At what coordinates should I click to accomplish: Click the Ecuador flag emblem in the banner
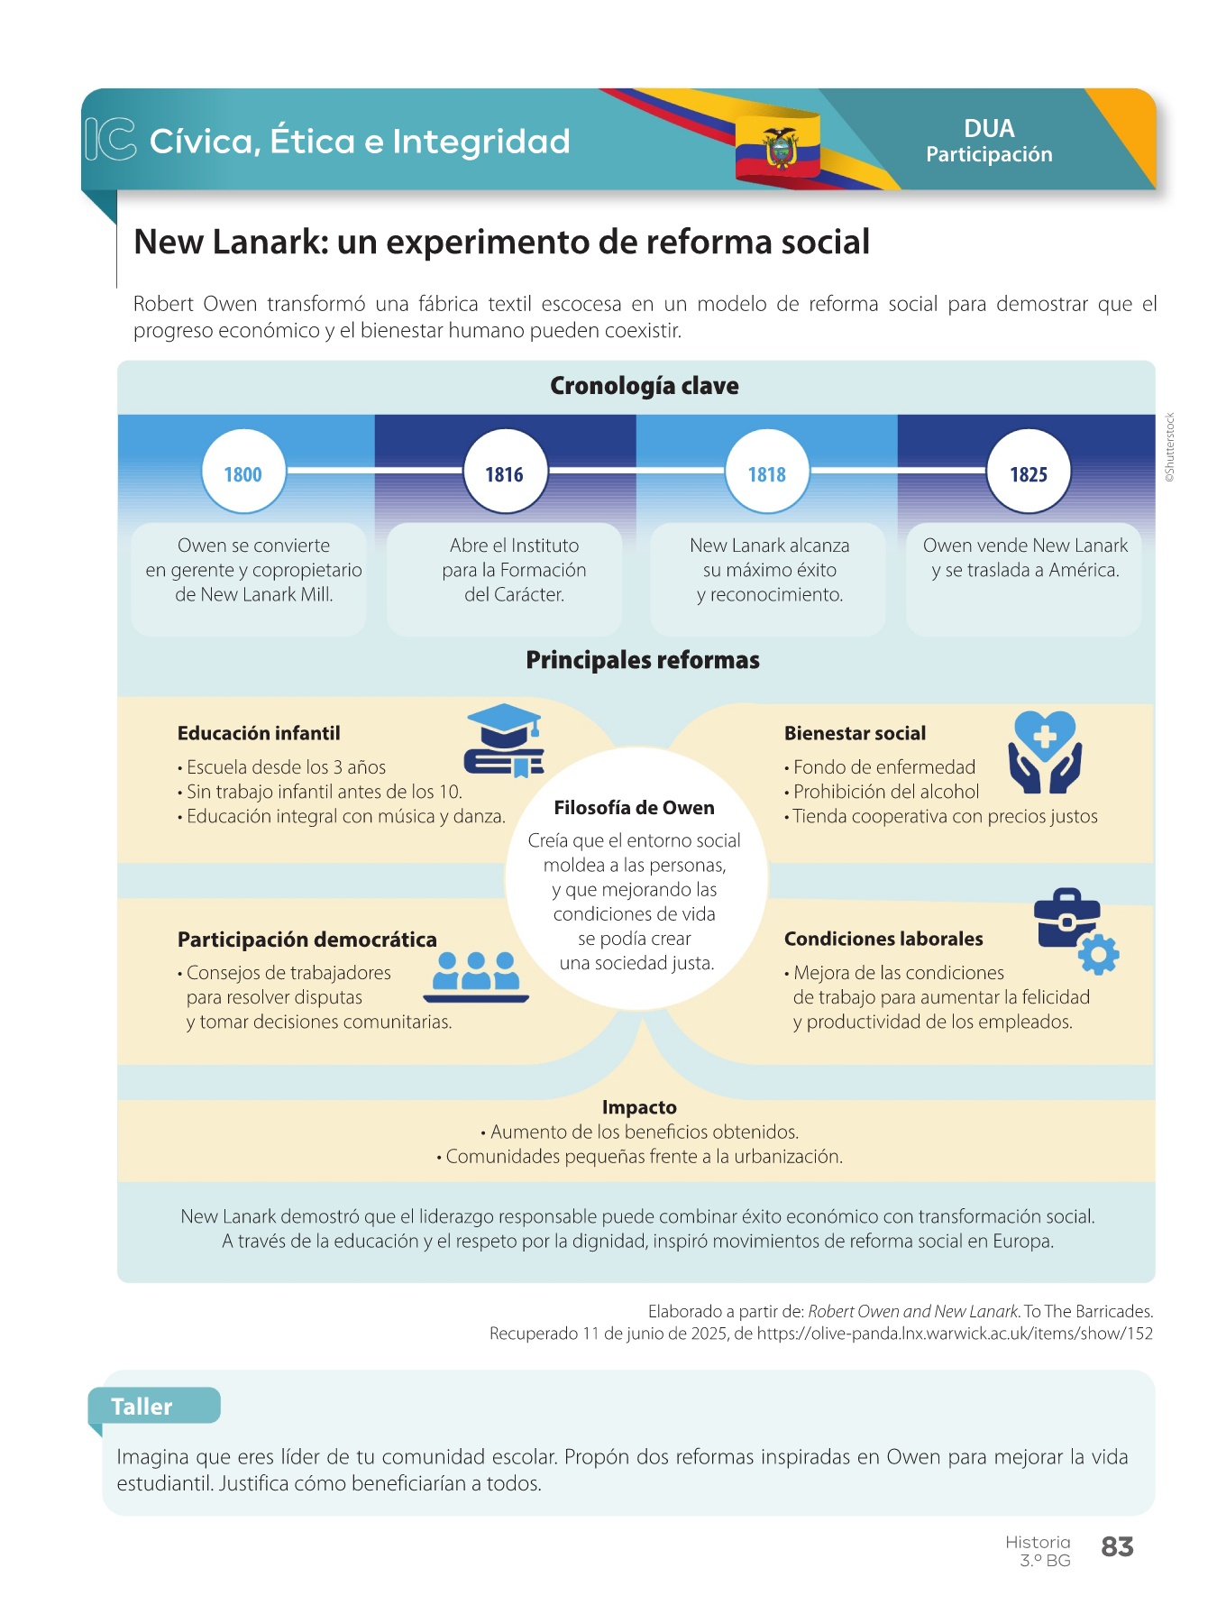pos(779,146)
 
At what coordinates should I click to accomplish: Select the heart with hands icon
pos(1045,752)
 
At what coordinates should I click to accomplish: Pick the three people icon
pos(476,977)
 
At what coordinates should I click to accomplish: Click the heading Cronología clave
pos(645,386)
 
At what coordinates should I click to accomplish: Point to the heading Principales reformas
pos(643,660)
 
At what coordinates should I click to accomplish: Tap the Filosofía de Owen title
pos(635,808)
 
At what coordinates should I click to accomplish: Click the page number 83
pos(1117,1547)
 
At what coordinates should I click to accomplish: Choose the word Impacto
pos(639,1107)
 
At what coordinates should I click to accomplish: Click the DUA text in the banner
pos(989,128)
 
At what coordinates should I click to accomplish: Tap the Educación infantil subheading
pos(259,733)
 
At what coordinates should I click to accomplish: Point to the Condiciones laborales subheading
pos(883,939)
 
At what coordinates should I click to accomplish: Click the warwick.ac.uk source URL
pos(955,1334)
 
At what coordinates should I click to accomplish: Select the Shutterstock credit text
pos(1170,447)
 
